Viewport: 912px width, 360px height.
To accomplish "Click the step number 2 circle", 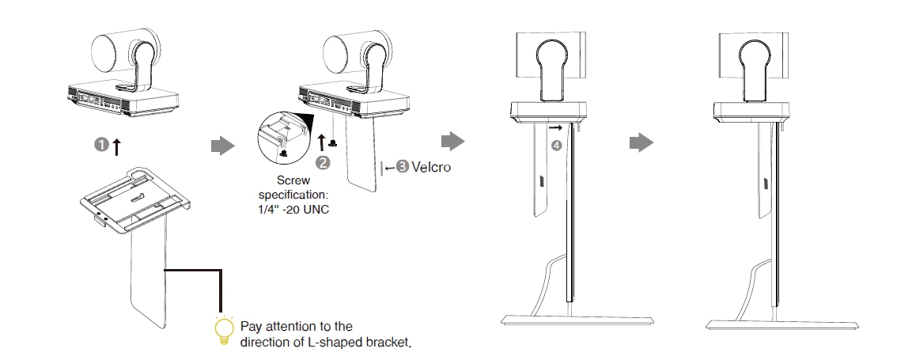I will click(322, 162).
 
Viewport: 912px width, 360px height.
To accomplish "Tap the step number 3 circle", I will click(403, 167).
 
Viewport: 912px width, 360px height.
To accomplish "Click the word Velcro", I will click(431, 167).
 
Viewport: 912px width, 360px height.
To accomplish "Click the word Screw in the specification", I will click(293, 180).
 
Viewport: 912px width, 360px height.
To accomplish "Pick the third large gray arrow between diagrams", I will click(641, 143).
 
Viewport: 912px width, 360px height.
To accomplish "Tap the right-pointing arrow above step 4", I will click(557, 127).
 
